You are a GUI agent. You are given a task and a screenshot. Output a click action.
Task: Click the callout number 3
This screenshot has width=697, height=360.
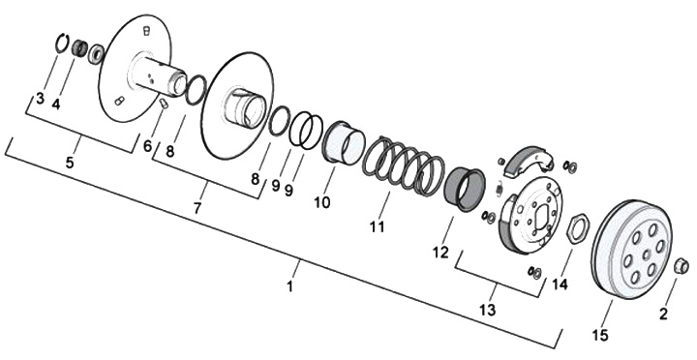[x=40, y=98]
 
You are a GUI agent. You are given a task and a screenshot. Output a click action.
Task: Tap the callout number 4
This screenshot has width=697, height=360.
[x=55, y=105]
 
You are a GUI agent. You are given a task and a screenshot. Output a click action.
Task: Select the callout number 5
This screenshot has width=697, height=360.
[x=70, y=163]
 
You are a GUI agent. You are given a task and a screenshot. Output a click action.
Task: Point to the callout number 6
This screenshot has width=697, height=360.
[x=147, y=145]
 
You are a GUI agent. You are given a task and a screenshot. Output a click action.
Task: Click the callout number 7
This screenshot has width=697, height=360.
[x=197, y=207]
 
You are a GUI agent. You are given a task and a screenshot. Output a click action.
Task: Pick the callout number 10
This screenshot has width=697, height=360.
[x=322, y=202]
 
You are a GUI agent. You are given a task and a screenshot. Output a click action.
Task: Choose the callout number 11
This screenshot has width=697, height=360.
[x=377, y=226]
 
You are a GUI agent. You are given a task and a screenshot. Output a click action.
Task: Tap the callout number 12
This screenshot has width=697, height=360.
[x=440, y=252]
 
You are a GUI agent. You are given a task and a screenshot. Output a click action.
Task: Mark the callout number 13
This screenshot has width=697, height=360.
[x=487, y=310]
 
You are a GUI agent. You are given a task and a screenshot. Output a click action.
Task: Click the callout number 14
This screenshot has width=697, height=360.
[x=561, y=284]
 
